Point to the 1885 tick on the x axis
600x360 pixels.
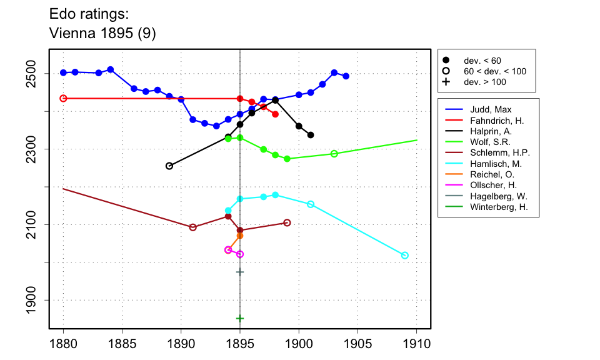[122, 344]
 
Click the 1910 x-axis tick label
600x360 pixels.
[416, 344]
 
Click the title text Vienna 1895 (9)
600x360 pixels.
[102, 34]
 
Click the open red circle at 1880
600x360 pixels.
[63, 98]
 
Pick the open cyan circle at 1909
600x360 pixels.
[405, 256]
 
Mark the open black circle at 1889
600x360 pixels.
[169, 166]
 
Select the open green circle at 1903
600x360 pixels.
[334, 154]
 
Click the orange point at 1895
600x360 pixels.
[240, 235]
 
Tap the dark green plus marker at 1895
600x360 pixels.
[240, 318]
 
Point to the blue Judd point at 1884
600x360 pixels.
[111, 69]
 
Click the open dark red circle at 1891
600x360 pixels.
[193, 227]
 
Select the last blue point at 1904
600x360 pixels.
[346, 76]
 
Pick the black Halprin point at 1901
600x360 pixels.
[311, 135]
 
